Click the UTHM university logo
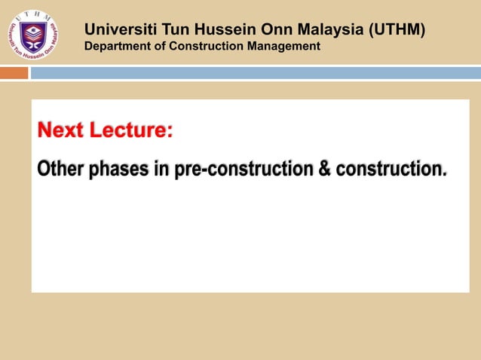tap(33, 35)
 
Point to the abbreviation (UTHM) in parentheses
tap(397, 30)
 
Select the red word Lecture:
tap(131, 131)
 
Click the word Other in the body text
tap(61, 169)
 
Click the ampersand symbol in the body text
tap(325, 169)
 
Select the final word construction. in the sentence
tap(391, 169)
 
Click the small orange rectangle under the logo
tap(14, 73)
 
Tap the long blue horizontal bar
tap(255, 73)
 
